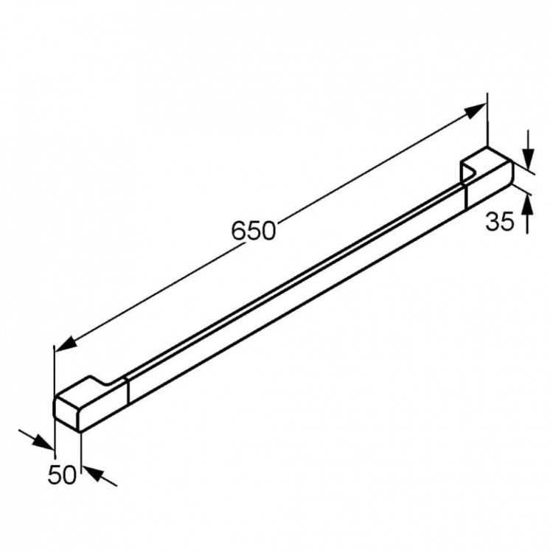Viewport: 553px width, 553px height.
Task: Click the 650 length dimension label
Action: (x=253, y=231)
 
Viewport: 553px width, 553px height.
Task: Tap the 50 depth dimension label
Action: (x=62, y=474)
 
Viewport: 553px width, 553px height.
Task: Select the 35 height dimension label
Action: (x=500, y=222)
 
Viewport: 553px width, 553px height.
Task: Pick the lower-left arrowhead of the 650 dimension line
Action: (x=66, y=343)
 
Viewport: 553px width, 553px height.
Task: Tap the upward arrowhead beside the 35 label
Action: (x=527, y=204)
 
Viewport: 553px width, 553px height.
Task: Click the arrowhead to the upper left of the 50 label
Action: (x=43, y=442)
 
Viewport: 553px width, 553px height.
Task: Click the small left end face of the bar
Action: (x=66, y=413)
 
